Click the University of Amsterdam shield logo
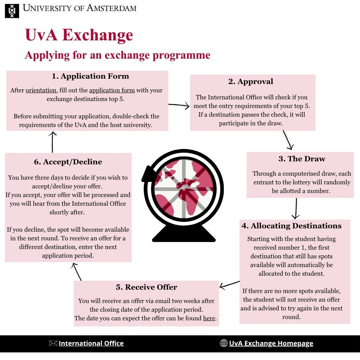pos(12,11)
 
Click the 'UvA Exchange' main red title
pos(79,35)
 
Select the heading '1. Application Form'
pos(90,76)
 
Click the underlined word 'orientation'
pos(41,90)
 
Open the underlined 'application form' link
pos(112,90)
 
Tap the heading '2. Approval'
pos(251,82)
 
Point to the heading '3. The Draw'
pos(302,159)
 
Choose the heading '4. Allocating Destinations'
pos(292,226)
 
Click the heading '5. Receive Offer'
pos(146,287)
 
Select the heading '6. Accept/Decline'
pos(68,162)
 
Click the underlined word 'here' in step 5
pos(209,318)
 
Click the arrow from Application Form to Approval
pos(179,106)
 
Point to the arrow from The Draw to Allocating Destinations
pos(296,209)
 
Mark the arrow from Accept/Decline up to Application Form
pos(52,142)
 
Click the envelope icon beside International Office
pos(53,343)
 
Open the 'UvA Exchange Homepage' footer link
pos(271,343)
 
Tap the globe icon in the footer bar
pos(224,343)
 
